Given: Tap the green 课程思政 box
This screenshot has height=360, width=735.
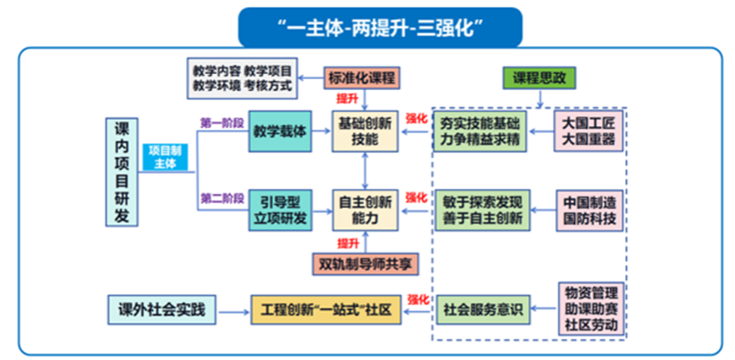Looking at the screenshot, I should point(538,78).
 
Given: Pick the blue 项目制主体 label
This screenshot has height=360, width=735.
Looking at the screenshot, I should point(165,157).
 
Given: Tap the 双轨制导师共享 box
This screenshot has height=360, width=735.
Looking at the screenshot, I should point(365,264).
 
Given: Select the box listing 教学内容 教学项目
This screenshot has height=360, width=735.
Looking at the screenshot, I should point(242,78).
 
